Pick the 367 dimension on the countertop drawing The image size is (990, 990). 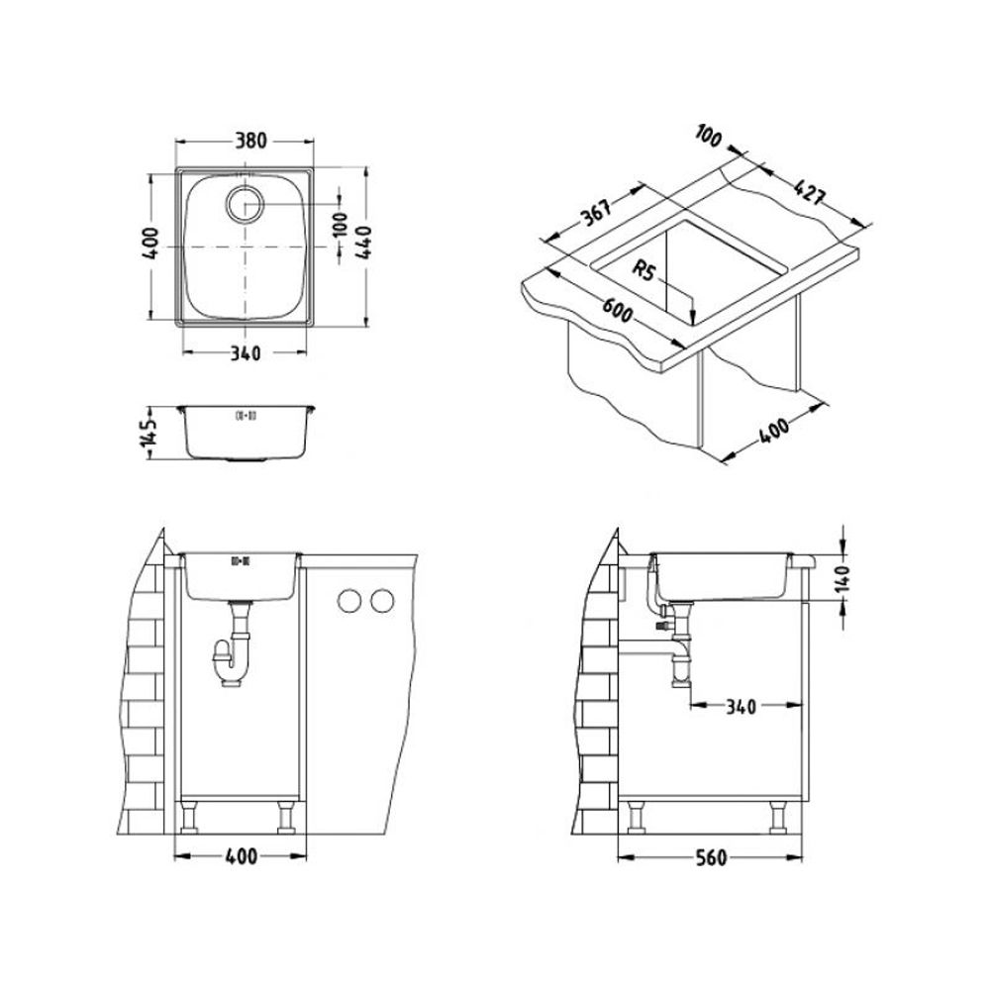point(595,212)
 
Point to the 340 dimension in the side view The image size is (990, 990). point(741,707)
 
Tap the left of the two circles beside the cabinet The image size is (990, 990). point(348,600)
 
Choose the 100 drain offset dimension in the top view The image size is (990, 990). point(339,224)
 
